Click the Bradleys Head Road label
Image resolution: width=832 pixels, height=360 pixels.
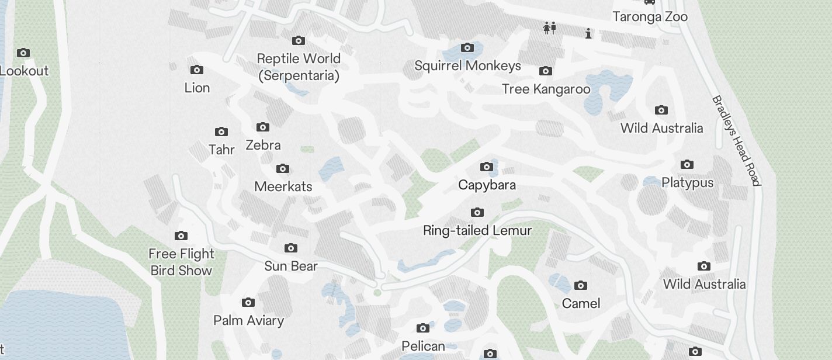pyautogui.click(x=736, y=141)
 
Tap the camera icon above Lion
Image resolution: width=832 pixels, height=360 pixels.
pyautogui.click(x=197, y=70)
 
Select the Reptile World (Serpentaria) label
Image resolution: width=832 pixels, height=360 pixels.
pyautogui.click(x=299, y=67)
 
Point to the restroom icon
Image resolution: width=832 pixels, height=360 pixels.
pyautogui.click(x=549, y=27)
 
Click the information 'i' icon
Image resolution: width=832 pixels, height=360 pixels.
pyautogui.click(x=588, y=34)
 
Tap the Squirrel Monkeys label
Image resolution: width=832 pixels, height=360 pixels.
pyautogui.click(x=467, y=65)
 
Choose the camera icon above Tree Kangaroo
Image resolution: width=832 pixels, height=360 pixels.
pyautogui.click(x=545, y=71)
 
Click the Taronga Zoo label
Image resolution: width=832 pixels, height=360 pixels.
pyautogui.click(x=650, y=16)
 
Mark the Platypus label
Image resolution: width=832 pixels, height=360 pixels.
pyautogui.click(x=687, y=182)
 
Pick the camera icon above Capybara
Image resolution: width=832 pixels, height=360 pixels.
pyautogui.click(x=486, y=167)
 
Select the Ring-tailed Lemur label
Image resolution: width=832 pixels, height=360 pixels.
pyautogui.click(x=477, y=230)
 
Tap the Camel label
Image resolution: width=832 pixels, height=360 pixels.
pyautogui.click(x=581, y=303)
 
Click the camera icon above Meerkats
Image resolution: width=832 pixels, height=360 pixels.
pyautogui.click(x=283, y=169)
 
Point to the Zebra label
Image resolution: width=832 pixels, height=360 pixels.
pyautogui.click(x=263, y=145)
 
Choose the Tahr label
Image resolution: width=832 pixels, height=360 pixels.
pyautogui.click(x=221, y=150)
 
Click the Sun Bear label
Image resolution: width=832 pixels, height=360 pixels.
pyautogui.click(x=291, y=266)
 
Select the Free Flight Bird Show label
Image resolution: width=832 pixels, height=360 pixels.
pyautogui.click(x=181, y=262)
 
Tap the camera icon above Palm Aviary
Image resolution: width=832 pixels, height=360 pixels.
pyautogui.click(x=248, y=303)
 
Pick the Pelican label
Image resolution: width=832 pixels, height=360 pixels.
pyautogui.click(x=423, y=346)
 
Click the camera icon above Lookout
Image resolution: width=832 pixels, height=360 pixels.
pyautogui.click(x=23, y=53)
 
